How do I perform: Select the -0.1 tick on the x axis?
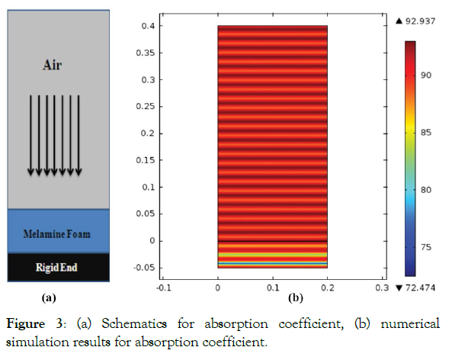click(162, 289)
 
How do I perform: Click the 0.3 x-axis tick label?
click(381, 289)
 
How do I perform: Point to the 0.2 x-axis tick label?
click(327, 289)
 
